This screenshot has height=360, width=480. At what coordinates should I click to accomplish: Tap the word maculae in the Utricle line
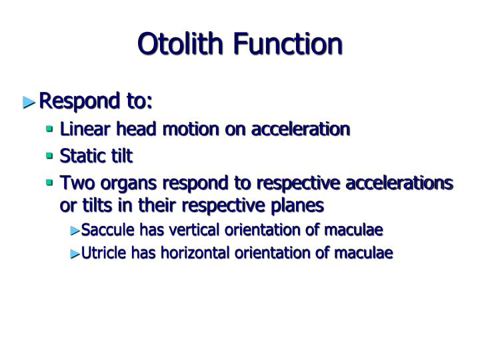click(366, 253)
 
